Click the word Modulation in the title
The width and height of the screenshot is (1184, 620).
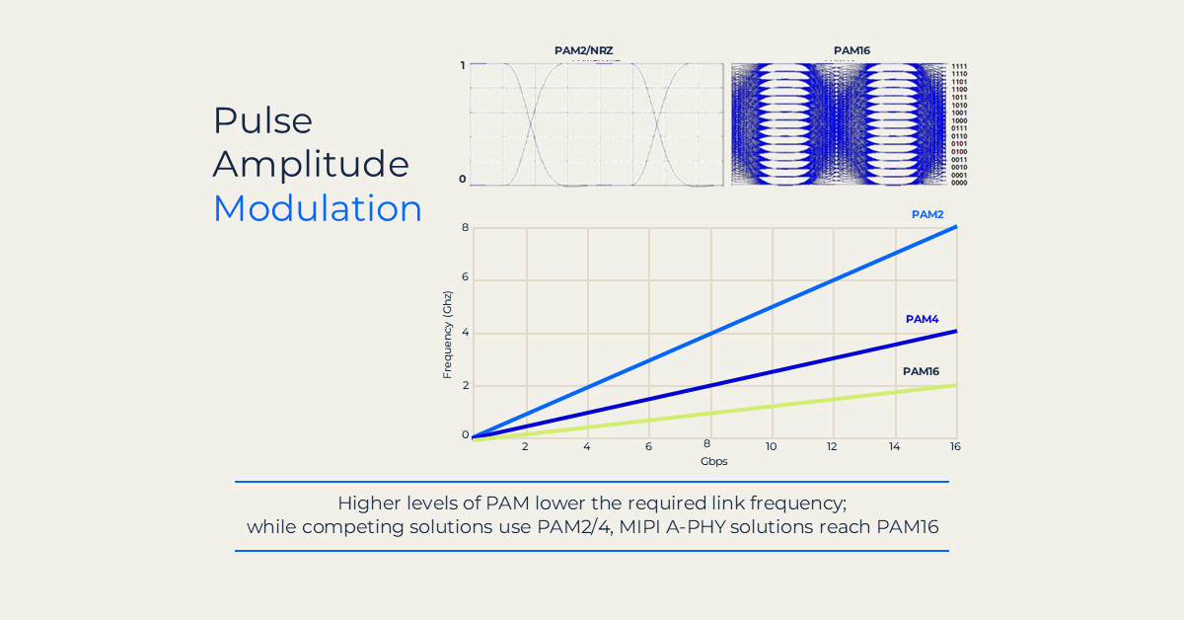[x=317, y=208]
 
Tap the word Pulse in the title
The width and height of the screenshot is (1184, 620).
[x=262, y=120]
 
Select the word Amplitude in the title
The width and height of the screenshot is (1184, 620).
[x=311, y=164]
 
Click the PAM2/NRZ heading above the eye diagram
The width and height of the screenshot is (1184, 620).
[x=584, y=50]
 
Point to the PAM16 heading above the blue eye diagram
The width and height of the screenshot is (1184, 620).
[x=851, y=50]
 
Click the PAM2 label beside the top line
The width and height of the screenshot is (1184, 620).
[x=926, y=214]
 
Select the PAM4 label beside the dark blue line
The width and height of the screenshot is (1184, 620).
[x=922, y=319]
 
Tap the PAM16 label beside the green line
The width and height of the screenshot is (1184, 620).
[x=921, y=371]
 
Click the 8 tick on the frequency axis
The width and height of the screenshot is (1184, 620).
[x=465, y=228]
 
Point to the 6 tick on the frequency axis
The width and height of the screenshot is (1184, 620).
[x=465, y=279]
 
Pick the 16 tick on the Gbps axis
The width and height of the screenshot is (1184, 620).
[x=955, y=446]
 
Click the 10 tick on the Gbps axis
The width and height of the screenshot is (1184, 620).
[x=771, y=446]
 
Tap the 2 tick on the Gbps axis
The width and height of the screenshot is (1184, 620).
[x=525, y=446]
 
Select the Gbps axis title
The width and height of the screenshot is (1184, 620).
[x=713, y=461]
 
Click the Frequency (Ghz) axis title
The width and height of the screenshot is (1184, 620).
[x=448, y=335]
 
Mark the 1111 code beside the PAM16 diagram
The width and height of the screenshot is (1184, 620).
[x=959, y=66]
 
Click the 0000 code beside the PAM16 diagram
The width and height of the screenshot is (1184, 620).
[x=959, y=183]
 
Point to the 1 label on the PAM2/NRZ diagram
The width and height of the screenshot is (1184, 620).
[x=462, y=65]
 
